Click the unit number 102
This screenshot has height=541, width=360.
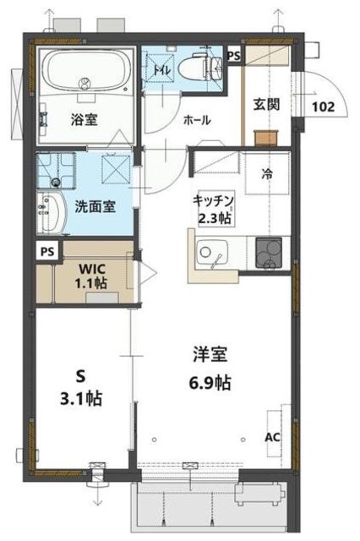point(323,107)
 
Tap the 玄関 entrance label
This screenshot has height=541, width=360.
point(266,104)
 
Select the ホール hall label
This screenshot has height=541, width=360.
point(197,120)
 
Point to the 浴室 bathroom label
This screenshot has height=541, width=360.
point(85,119)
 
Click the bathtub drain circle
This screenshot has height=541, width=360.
point(85,83)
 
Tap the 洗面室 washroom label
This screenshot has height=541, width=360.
point(95,206)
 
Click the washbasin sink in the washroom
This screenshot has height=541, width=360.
point(52,212)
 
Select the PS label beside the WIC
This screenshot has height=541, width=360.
point(47,252)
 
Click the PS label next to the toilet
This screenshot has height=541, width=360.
point(234,56)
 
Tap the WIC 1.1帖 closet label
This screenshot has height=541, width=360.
point(91,276)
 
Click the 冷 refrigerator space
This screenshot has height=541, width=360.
point(267,174)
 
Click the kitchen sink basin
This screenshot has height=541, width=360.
point(211,254)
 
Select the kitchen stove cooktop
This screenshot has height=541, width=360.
point(269,253)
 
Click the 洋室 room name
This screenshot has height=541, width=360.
point(210,354)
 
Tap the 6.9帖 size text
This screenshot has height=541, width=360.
point(210,382)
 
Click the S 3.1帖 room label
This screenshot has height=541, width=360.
point(81,388)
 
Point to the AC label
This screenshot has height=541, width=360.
point(273,438)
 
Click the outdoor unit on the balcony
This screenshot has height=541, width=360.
point(260,493)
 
